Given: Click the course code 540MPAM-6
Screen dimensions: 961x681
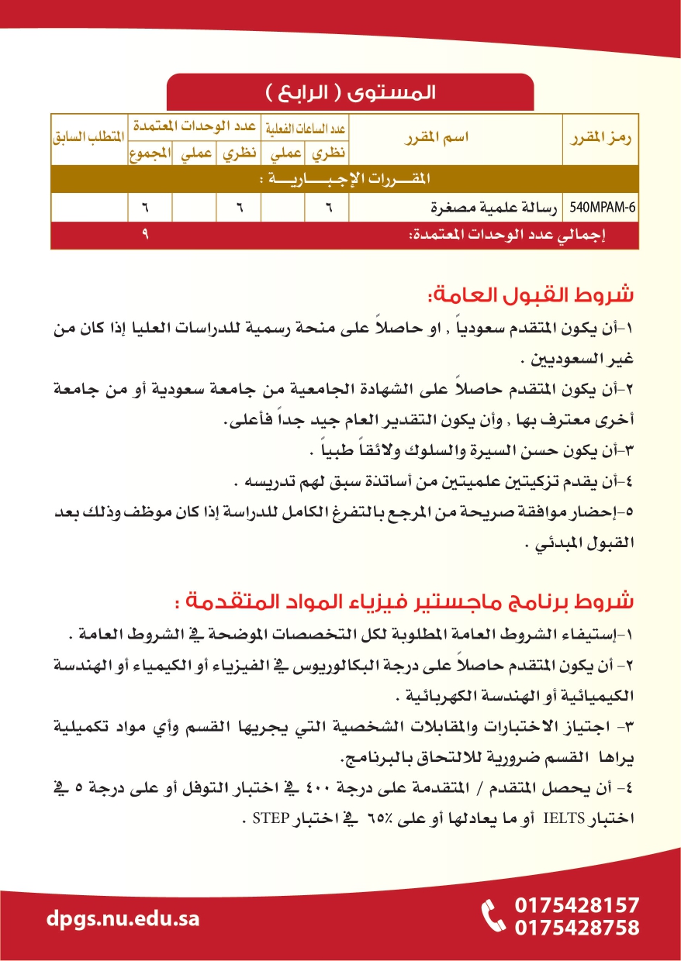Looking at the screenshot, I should pyautogui.click(x=603, y=208).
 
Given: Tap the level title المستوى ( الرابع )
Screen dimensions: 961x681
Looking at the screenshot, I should pyautogui.click(x=351, y=93).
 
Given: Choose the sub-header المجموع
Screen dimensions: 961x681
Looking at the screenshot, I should pyautogui.click(x=150, y=153).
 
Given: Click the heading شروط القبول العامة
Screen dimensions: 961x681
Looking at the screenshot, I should pyautogui.click(x=531, y=296).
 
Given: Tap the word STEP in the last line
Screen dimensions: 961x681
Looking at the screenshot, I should pyautogui.click(x=268, y=816).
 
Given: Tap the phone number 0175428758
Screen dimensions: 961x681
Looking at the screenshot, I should pyautogui.click(x=577, y=928).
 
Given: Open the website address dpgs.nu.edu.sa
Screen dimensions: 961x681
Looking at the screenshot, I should pyautogui.click(x=123, y=919).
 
